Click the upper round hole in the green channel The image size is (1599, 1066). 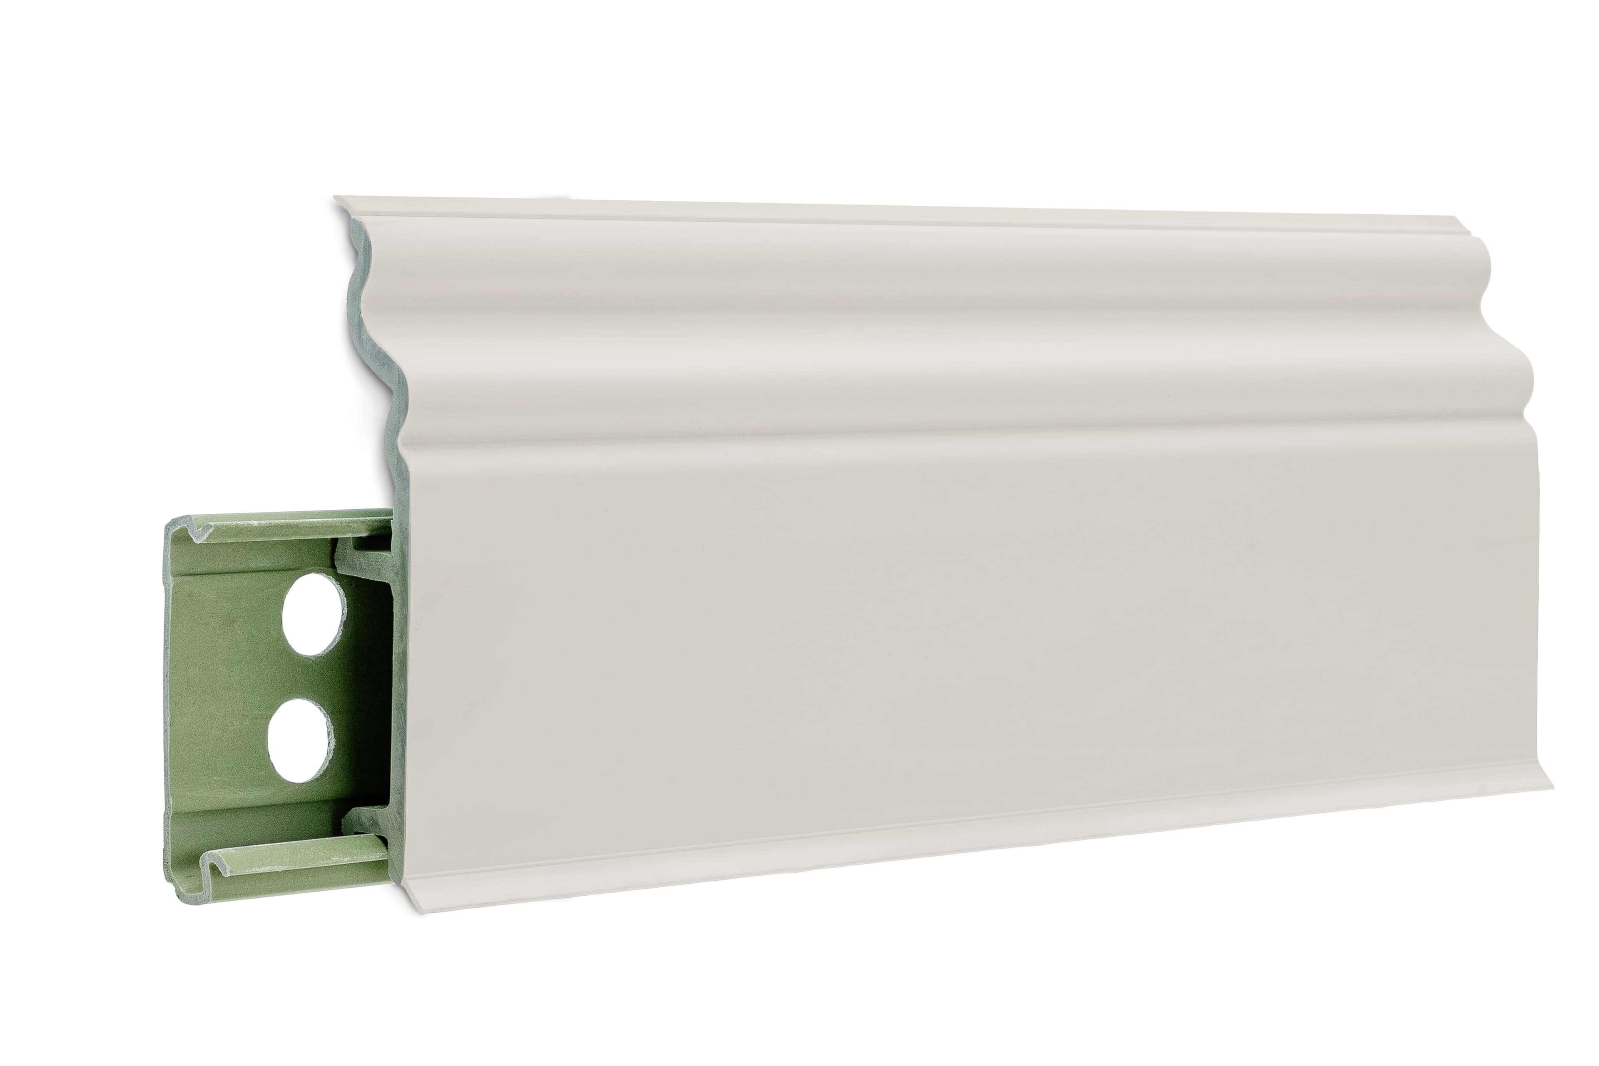click(x=311, y=614)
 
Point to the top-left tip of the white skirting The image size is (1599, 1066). click(x=335, y=199)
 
